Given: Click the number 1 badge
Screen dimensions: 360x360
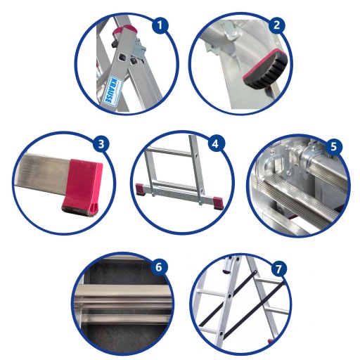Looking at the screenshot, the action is point(160,25).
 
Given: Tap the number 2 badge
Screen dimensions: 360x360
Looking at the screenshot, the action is point(277,25).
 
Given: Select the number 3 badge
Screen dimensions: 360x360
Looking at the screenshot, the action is point(101,144).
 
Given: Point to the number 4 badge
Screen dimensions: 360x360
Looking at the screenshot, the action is point(215,143).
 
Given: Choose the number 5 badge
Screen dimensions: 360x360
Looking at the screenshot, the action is point(333,147).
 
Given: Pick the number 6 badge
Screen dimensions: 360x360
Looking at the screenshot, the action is point(159,267).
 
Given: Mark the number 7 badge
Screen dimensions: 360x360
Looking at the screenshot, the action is point(278,269).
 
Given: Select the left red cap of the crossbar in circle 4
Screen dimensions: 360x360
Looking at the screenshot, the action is point(141,189).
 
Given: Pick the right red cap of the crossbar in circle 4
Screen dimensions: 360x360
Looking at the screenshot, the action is point(218,202).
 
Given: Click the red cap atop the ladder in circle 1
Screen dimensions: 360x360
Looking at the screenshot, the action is point(126,30).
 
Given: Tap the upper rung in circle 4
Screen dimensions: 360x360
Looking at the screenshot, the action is point(169,152).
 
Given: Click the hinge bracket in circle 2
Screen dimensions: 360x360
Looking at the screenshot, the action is point(231,33).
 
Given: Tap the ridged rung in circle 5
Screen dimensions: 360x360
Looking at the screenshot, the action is point(297,198).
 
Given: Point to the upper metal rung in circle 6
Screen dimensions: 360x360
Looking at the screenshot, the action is point(125,295).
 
